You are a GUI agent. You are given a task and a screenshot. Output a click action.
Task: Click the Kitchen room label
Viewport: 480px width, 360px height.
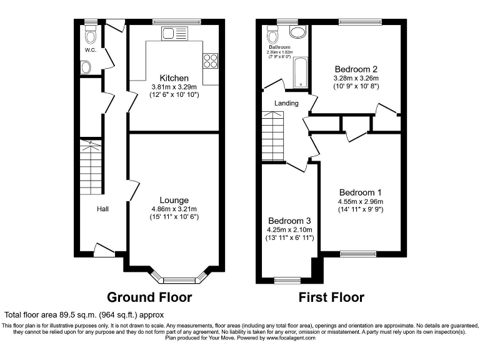(x=170, y=77)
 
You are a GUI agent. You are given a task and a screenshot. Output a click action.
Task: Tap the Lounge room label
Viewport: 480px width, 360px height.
(x=174, y=200)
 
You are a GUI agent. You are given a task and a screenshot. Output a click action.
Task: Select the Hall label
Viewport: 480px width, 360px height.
(x=102, y=209)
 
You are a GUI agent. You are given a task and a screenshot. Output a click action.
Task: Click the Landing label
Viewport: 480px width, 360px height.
(x=286, y=103)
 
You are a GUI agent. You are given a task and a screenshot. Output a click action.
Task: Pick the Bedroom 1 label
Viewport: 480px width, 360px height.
(x=361, y=192)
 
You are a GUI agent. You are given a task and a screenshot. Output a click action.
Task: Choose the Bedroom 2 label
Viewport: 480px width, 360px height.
(x=356, y=69)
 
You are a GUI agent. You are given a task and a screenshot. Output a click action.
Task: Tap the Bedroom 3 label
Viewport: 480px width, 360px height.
(x=289, y=221)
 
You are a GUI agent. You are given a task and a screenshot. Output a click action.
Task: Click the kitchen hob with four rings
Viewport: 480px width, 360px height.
(x=211, y=60)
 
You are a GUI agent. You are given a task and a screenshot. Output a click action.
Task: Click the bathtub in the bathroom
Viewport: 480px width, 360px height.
(x=301, y=72)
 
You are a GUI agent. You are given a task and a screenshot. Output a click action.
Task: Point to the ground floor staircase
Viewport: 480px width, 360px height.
(x=91, y=166)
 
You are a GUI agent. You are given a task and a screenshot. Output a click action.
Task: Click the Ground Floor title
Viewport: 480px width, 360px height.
(x=149, y=297)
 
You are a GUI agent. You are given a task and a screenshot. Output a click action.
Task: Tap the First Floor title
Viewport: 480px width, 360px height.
(x=332, y=297)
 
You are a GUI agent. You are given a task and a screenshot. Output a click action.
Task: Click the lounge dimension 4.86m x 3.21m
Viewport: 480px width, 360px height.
(x=174, y=209)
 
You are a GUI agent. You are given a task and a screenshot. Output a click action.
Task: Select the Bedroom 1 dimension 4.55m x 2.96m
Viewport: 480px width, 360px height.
(x=361, y=201)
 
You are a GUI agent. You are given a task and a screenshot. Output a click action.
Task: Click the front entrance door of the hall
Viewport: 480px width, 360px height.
(x=104, y=250)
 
